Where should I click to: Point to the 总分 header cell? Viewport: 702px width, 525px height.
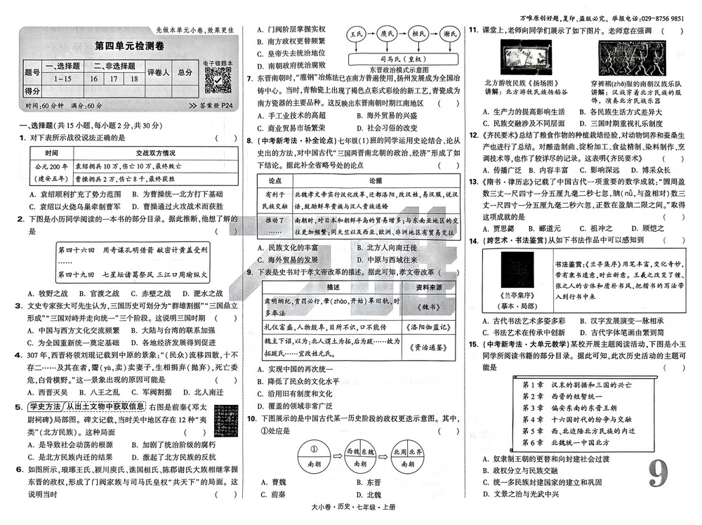click(185, 72)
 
